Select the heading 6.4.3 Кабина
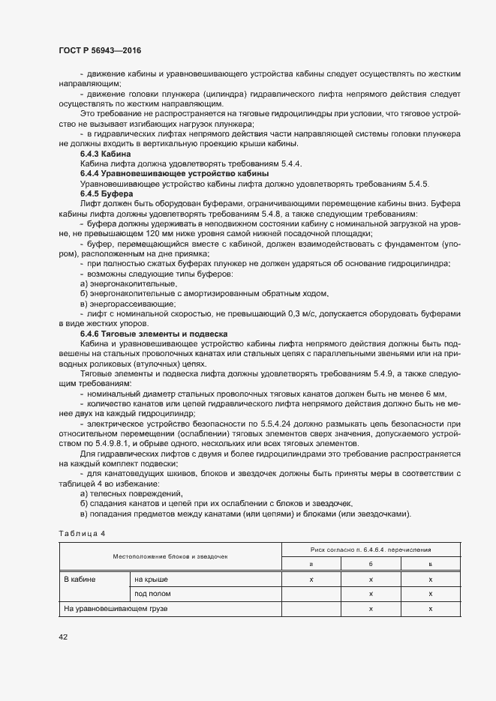104,154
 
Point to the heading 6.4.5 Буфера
107,193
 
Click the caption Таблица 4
83,532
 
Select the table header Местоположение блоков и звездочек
170,556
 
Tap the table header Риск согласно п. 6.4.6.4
368,550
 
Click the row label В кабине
79,580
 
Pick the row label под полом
152,594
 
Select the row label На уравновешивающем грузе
115,609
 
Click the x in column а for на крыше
311,580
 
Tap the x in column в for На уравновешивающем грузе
431,609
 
